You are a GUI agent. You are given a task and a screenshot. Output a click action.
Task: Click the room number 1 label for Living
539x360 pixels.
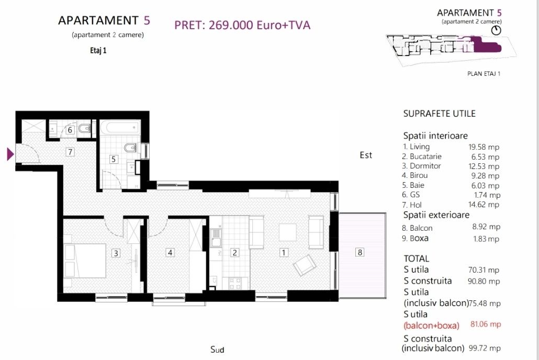point(284,253)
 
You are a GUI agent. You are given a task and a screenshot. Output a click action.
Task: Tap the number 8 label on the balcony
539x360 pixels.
point(360,252)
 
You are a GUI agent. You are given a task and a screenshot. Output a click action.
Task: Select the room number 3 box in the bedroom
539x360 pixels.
point(116,253)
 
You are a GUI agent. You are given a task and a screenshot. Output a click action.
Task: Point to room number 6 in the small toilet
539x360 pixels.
point(70,130)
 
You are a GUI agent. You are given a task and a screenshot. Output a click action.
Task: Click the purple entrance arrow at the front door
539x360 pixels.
point(10,154)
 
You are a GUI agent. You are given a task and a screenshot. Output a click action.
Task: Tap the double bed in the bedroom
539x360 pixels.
point(85,261)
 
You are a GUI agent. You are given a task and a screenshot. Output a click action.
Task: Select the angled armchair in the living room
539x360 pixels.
point(305,265)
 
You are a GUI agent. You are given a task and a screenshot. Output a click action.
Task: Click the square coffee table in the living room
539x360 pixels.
point(287,232)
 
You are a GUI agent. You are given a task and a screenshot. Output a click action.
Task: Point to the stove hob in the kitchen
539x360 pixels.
point(235,284)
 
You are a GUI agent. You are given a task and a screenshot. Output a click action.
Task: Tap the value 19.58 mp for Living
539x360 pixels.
point(484,147)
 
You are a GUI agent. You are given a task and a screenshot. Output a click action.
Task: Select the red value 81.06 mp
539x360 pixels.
point(486,324)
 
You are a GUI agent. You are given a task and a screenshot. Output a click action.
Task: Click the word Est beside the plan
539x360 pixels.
point(366,155)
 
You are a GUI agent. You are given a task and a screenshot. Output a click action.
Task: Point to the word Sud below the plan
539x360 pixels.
point(217,350)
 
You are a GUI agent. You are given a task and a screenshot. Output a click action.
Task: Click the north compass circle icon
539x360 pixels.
point(496,30)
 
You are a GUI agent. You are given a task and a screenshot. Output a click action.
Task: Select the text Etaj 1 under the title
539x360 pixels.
point(98,51)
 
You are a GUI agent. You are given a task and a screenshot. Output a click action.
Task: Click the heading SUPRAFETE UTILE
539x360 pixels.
point(440,114)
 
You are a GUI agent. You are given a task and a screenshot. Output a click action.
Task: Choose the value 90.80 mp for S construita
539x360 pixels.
point(484,282)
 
